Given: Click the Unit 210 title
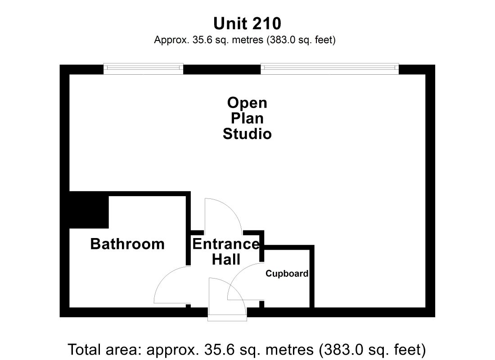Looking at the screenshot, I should coord(247,23).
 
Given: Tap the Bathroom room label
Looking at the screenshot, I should coord(127,244).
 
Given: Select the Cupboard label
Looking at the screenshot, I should coord(287,274).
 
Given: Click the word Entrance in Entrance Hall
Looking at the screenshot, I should coord(226,244).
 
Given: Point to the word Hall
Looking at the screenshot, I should coord(226,260).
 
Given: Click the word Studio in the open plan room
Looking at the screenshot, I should coord(247,134).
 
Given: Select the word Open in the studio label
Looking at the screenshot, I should coord(247,103).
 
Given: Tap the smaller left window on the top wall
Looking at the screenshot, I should coord(143,69).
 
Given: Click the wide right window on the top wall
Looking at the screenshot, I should coord(329,69).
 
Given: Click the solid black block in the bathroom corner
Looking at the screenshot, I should coord(89,210).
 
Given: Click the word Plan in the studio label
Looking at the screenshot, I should coord(247,118).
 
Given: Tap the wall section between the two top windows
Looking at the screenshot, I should coord(222,69).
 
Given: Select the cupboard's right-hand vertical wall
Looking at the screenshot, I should coord(311,277).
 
